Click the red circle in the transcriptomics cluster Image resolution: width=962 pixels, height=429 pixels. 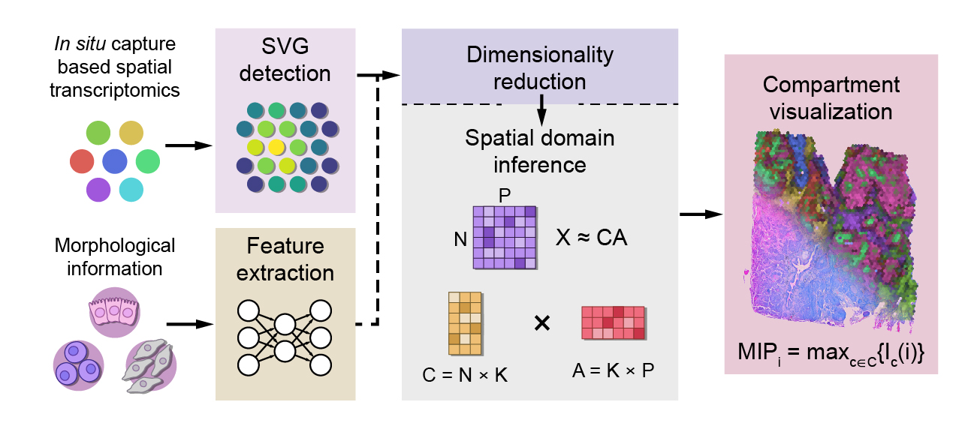(x=82, y=160)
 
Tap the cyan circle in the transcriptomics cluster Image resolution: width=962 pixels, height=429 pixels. (x=131, y=189)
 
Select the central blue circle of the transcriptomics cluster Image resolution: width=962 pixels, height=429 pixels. (x=115, y=160)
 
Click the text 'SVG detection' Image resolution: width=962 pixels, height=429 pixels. (x=285, y=62)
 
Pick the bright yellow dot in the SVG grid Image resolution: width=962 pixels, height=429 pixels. (x=276, y=146)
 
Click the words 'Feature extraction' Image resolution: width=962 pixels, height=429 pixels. (x=285, y=259)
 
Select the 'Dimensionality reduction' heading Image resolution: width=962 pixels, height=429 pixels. (x=539, y=67)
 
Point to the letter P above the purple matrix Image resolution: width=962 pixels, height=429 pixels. (x=505, y=194)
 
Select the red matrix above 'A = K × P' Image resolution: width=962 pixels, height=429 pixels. (x=613, y=322)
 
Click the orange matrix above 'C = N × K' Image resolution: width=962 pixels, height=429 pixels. (x=465, y=322)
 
